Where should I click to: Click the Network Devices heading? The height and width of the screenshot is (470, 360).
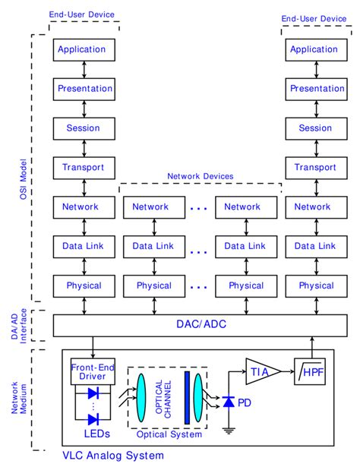coord(200,176)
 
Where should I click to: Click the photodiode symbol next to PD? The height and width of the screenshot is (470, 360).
coord(228,402)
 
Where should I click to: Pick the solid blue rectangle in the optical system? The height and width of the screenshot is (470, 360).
coord(185,400)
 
